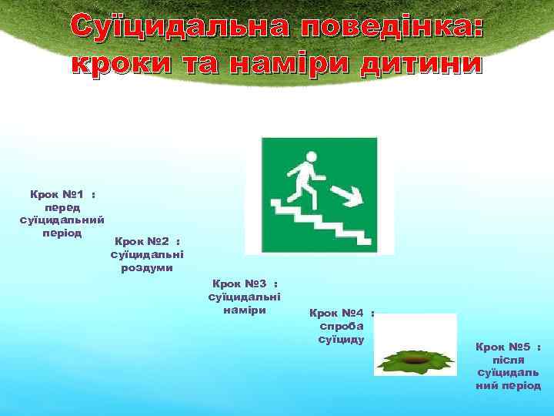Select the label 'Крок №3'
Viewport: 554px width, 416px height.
(239, 283)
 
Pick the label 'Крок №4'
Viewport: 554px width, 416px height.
(336, 313)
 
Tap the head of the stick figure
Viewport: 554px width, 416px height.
(311, 157)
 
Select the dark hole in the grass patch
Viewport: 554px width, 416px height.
(415, 357)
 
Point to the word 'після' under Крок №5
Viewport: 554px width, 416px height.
(508, 360)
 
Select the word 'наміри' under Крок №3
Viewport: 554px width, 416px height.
(245, 310)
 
